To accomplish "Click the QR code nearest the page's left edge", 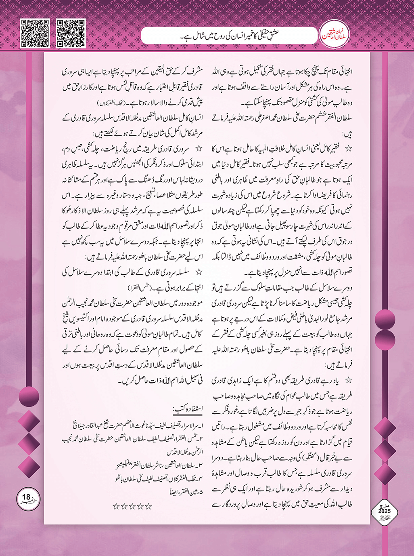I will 35,33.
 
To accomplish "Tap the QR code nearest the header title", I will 71,33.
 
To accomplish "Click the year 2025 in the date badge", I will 384,511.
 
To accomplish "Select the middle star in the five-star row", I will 132,506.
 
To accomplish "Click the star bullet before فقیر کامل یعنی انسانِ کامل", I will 348,149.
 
